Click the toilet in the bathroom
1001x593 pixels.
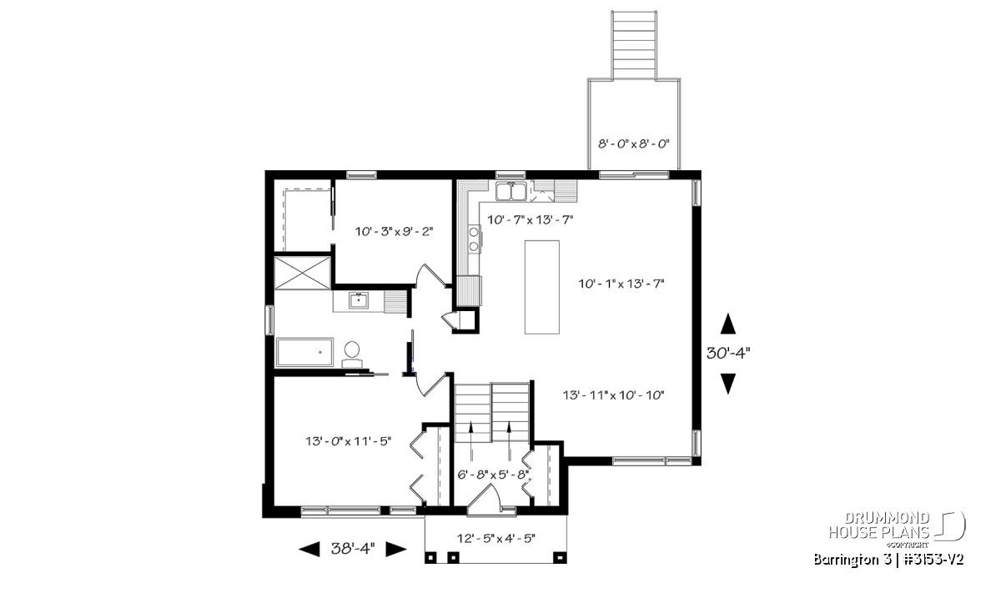(x=352, y=354)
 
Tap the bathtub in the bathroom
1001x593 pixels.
(x=304, y=353)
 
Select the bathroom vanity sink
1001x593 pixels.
(x=359, y=300)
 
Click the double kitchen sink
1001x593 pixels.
(x=511, y=192)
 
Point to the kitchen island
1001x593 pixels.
(x=542, y=287)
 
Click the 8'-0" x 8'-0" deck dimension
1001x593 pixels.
(x=634, y=144)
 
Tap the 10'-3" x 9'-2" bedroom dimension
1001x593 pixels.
(x=394, y=232)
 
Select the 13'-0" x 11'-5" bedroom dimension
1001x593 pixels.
(x=349, y=441)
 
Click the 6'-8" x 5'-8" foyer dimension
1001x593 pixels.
(x=493, y=474)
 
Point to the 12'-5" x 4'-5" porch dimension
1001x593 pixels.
(x=496, y=539)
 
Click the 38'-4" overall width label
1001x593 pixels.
(x=353, y=548)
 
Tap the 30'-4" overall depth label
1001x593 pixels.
(x=728, y=354)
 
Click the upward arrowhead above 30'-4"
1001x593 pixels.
(x=728, y=324)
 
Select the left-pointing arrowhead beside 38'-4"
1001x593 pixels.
(x=309, y=549)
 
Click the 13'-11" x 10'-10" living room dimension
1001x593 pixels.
(x=614, y=395)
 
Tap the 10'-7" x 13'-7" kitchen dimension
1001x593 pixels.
(x=530, y=220)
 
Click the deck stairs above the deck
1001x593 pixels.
(x=634, y=45)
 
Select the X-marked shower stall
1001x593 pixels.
(x=303, y=273)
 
